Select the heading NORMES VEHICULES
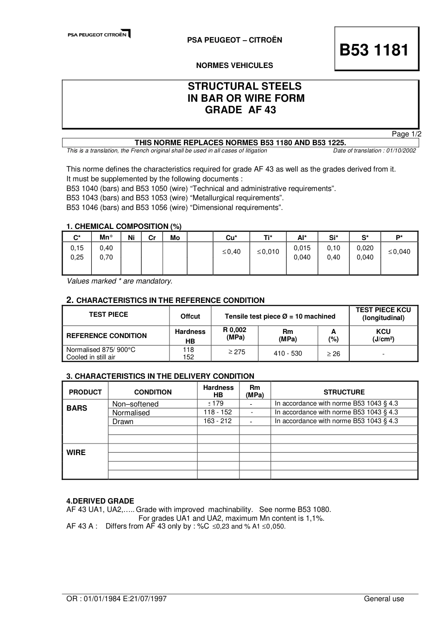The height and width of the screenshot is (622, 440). point(234,66)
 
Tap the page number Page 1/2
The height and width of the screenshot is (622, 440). point(407,134)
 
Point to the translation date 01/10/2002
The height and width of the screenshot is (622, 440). point(400,151)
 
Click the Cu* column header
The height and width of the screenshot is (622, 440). point(231,238)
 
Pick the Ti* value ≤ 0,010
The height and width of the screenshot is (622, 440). point(268,252)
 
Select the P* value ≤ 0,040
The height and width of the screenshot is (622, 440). point(399,252)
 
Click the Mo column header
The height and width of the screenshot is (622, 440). point(175,238)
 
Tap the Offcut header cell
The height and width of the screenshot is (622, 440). point(190,316)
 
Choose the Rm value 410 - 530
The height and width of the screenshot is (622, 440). point(288,353)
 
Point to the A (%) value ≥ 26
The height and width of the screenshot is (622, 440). point(333,354)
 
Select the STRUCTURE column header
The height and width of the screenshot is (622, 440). point(344,392)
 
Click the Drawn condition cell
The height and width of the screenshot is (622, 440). point(123,422)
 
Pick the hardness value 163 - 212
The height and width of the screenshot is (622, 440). point(218,421)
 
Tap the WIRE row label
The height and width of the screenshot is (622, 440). point(76,453)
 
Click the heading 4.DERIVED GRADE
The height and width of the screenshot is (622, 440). point(100,501)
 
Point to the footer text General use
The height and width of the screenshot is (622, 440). point(384,599)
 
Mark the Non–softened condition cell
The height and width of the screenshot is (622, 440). point(135,404)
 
